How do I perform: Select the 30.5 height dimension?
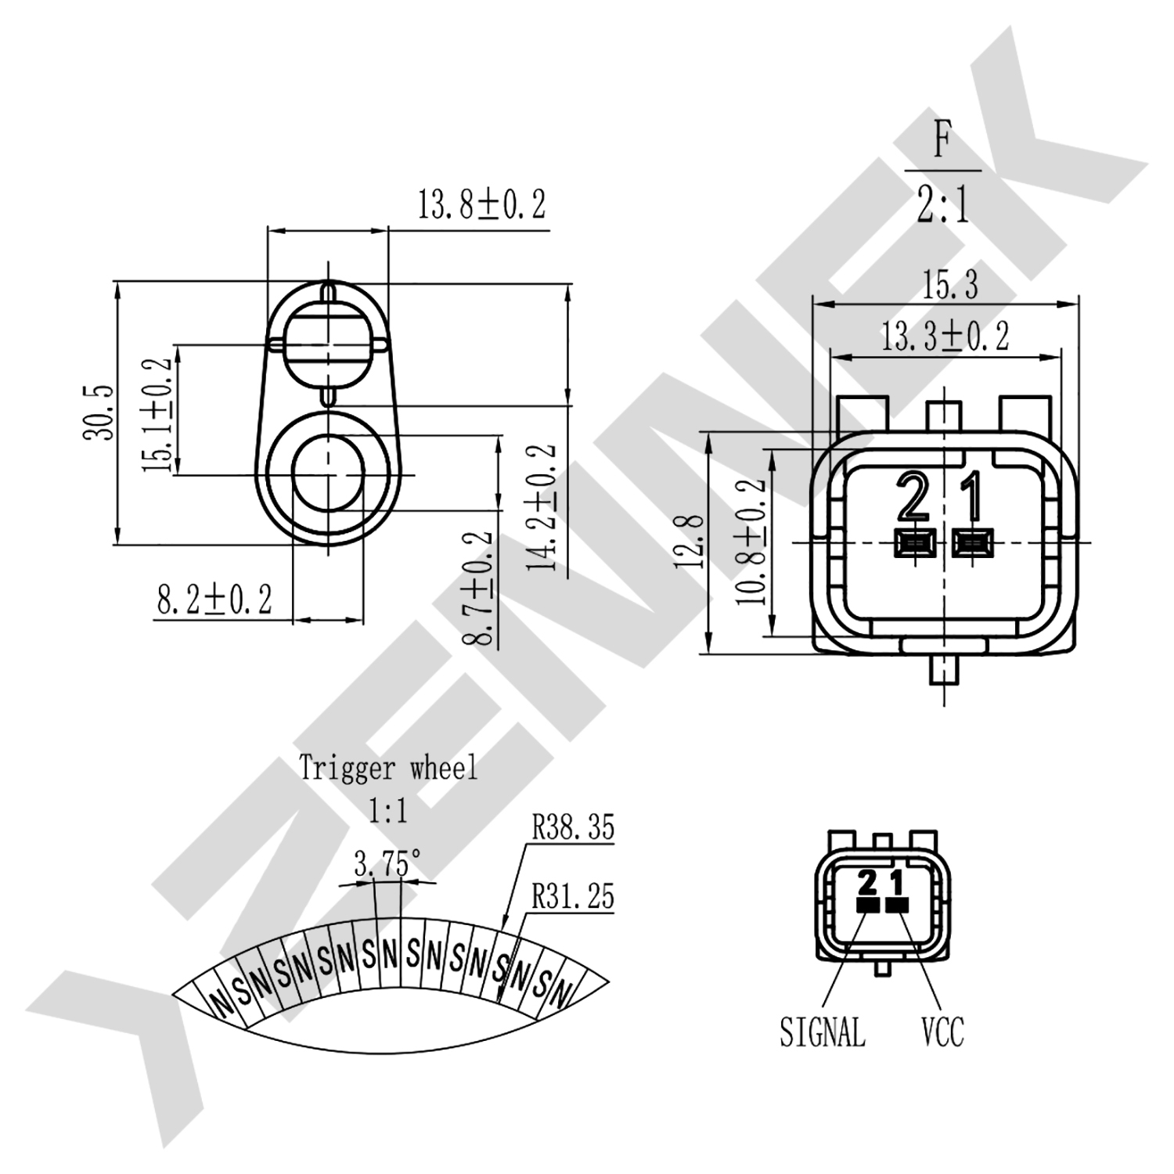pos(99,412)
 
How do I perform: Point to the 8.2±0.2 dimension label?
pos(214,600)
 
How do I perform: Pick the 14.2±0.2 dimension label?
pos(542,506)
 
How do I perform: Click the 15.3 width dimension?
pos(949,285)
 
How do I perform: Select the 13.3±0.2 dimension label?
pos(945,336)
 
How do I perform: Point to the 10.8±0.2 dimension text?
pos(750,542)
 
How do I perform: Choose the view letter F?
pos(942,142)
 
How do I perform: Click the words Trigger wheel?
pos(388,768)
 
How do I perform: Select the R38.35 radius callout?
pos(574,827)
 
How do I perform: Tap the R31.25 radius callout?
pos(574,896)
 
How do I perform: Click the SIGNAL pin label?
pos(823,1031)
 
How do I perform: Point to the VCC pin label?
pos(942,1031)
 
